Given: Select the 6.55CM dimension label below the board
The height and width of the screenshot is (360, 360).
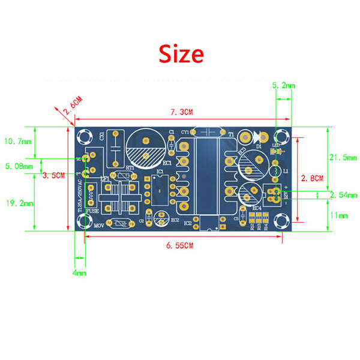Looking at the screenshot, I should (x=180, y=245).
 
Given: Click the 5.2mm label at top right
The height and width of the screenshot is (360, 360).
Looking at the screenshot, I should (x=283, y=86).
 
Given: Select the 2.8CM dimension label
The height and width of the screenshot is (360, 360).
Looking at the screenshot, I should (x=312, y=178).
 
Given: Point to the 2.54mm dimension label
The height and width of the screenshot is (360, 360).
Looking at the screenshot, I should (x=343, y=195).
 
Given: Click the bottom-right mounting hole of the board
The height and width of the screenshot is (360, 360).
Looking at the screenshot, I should (x=283, y=222).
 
